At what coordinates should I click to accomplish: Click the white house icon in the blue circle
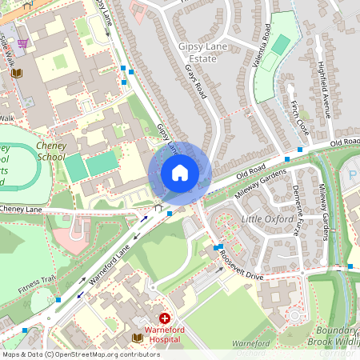pyautogui.click(x=180, y=173)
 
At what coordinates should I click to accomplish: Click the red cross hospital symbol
pyautogui.click(x=165, y=318)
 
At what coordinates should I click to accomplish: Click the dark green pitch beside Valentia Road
pyautogui.click(x=280, y=44)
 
